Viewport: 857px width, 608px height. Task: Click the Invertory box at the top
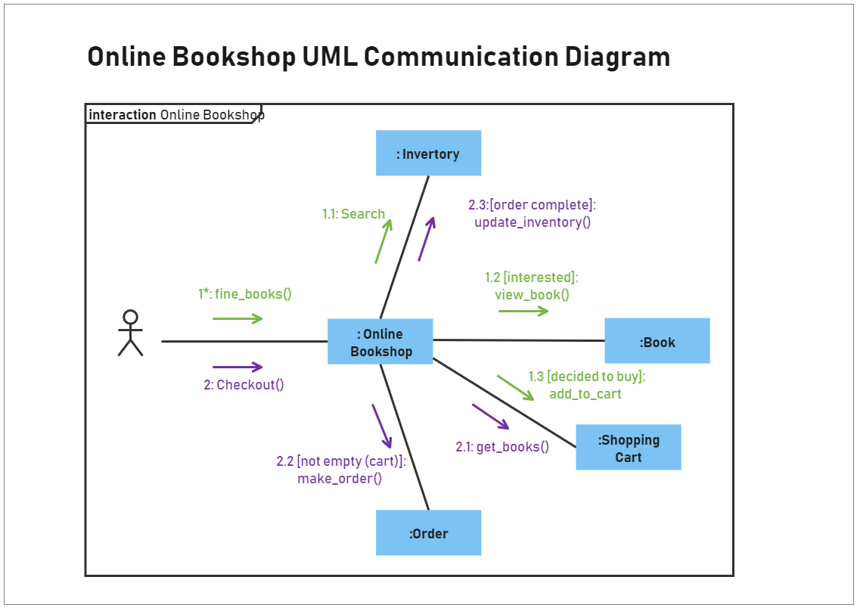pyautogui.click(x=428, y=154)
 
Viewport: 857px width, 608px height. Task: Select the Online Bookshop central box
pyautogui.click(x=380, y=342)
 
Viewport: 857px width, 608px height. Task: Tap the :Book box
pyautogui.click(x=657, y=342)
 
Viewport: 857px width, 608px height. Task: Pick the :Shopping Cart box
pyautogui.click(x=628, y=448)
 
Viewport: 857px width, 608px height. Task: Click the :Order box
pyautogui.click(x=428, y=533)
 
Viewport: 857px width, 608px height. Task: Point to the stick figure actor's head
pyautogui.click(x=130, y=317)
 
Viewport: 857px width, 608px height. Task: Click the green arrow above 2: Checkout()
pyautogui.click(x=238, y=318)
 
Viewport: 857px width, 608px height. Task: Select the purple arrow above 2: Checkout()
pyautogui.click(x=238, y=367)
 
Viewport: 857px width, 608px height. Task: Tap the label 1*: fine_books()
pyautogui.click(x=244, y=294)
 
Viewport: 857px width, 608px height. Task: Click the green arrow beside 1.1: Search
pyautogui.click(x=383, y=240)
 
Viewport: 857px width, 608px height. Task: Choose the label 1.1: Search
pyautogui.click(x=353, y=214)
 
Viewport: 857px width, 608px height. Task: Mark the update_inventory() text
pyautogui.click(x=532, y=222)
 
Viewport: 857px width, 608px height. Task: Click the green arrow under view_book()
pyautogui.click(x=523, y=311)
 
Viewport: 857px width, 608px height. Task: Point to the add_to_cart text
pyautogui.click(x=585, y=394)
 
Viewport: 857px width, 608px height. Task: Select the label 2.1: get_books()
pyautogui.click(x=501, y=447)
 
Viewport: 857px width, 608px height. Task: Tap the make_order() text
pyautogui.click(x=340, y=479)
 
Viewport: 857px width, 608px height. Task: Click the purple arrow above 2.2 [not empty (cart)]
pyautogui.click(x=382, y=426)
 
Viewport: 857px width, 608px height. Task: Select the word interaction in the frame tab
pyautogui.click(x=123, y=115)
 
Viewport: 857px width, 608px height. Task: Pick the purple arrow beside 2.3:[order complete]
pyautogui.click(x=427, y=239)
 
